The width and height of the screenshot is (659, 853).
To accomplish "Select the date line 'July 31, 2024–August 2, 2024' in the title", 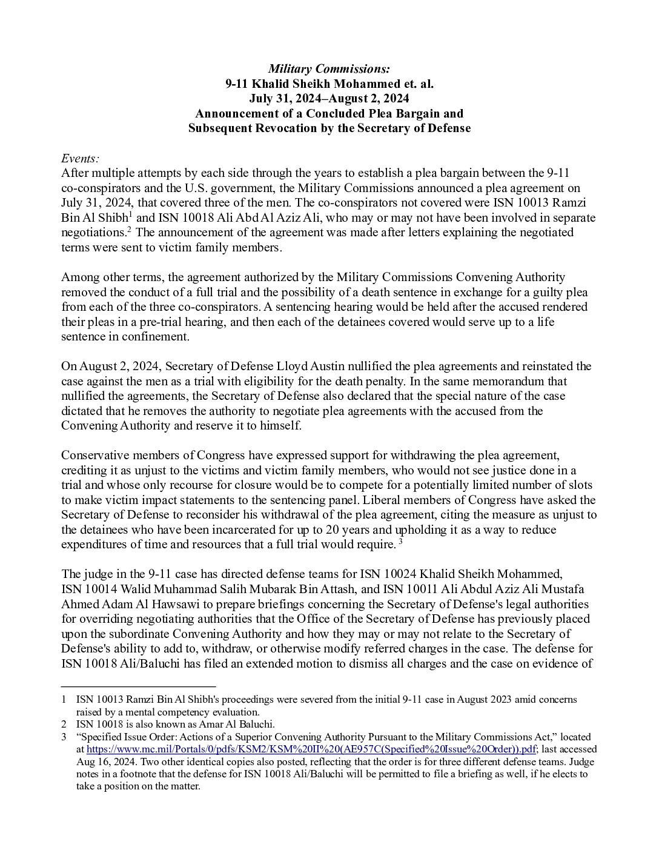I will pos(329,99).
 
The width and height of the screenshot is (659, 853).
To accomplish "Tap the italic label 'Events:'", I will pos(80,159).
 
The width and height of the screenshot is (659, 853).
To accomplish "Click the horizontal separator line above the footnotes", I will pos(139,686).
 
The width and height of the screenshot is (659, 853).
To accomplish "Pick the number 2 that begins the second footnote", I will pos(64,724).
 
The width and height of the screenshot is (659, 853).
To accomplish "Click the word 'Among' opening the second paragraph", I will pos(78,277).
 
